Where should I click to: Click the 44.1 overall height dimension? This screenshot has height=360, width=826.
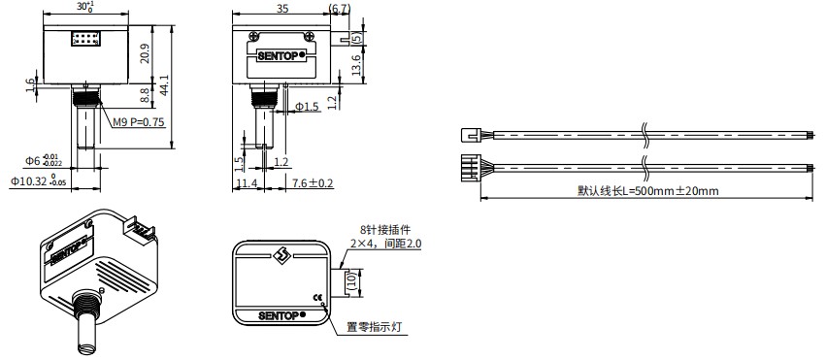point(164,85)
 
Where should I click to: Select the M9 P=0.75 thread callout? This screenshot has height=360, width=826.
point(139,122)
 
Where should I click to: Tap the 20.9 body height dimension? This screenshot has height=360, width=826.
point(146,53)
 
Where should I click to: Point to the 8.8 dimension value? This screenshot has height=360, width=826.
point(146,95)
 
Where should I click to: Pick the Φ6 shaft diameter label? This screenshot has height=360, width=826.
point(44,159)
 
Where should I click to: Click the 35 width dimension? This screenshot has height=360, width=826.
point(281,9)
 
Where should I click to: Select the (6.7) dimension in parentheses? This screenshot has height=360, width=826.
point(339,9)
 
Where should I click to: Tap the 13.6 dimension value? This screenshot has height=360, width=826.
point(356,65)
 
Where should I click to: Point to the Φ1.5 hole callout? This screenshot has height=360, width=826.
point(307,107)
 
